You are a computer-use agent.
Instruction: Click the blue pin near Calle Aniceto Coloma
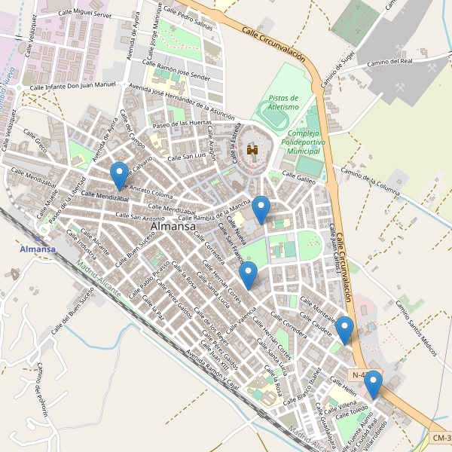click(x=119, y=176)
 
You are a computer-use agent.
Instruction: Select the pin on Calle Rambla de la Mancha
click(x=261, y=209)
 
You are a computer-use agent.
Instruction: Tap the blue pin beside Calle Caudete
click(x=344, y=330)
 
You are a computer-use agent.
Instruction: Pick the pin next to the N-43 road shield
click(x=372, y=384)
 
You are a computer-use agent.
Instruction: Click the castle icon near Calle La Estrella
click(x=252, y=151)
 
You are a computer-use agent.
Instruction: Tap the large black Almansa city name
click(x=173, y=226)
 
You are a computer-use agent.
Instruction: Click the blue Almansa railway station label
click(x=38, y=249)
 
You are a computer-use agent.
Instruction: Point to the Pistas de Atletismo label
click(x=284, y=102)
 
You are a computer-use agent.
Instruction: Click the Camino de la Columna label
click(x=369, y=182)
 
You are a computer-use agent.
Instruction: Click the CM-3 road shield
click(x=441, y=438)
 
